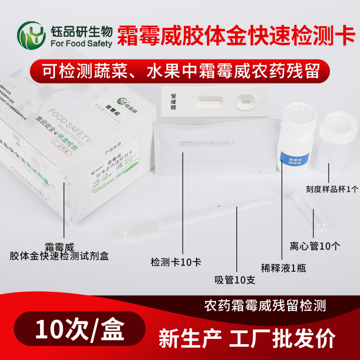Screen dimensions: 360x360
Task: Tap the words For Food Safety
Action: tap(81, 44)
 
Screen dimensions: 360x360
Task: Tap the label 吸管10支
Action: tap(234, 280)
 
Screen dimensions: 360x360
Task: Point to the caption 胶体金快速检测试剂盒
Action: tap(59, 256)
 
